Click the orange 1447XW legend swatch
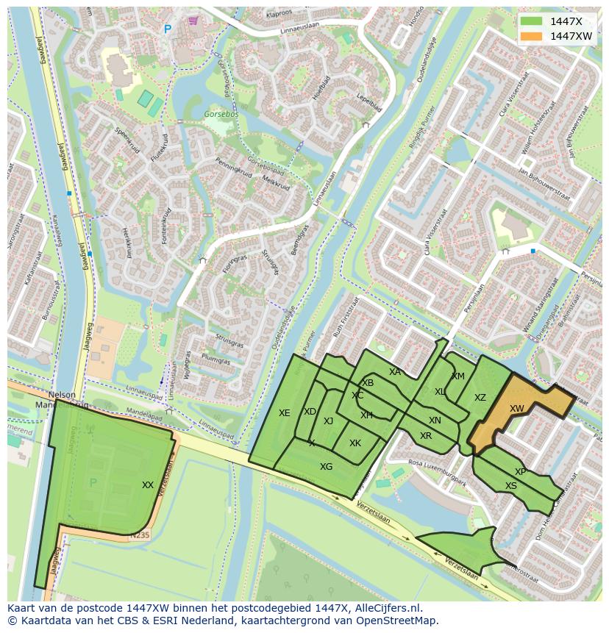[x=531, y=36]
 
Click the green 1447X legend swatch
[x=531, y=21]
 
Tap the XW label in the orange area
[x=517, y=409]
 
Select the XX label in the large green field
[x=148, y=485]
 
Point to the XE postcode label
[x=285, y=413]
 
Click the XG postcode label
[x=326, y=467]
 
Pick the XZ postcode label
[x=480, y=398]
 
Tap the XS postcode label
[x=510, y=486]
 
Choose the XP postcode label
[x=521, y=472]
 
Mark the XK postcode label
[x=355, y=443]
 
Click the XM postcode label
[x=458, y=376]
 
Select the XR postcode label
[x=426, y=436]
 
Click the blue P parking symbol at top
[x=167, y=29]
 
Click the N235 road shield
[x=139, y=536]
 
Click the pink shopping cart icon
[x=193, y=21]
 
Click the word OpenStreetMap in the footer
[x=397, y=621]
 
